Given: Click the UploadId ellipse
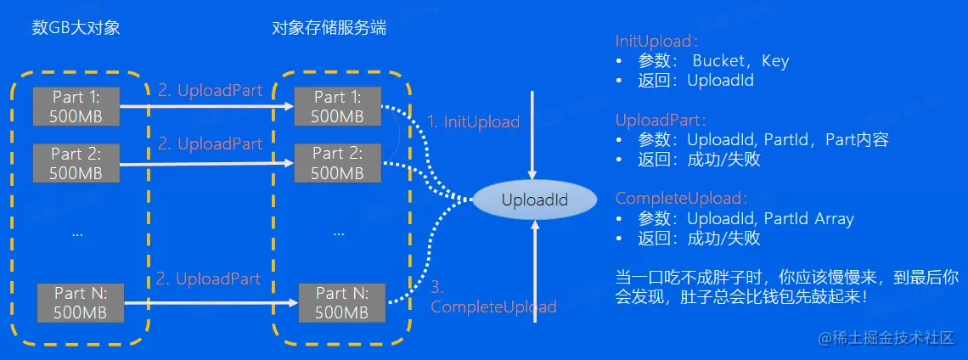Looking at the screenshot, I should point(535,200).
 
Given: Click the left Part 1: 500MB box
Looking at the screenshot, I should point(76,106).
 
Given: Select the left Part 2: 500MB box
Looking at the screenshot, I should point(76,163).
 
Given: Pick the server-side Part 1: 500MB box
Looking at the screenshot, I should point(338,106).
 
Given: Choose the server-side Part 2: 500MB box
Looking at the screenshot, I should point(338,163).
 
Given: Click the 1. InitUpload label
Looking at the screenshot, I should point(473,121).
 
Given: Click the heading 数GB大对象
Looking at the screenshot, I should point(76,28).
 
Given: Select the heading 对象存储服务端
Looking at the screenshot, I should point(329,28).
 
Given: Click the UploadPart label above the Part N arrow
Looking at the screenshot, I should point(209,279).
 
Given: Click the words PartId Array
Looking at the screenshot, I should point(808,219).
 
